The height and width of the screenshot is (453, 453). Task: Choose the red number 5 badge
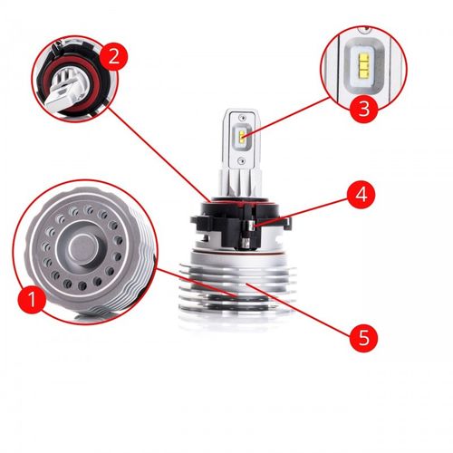tap(363, 338)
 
